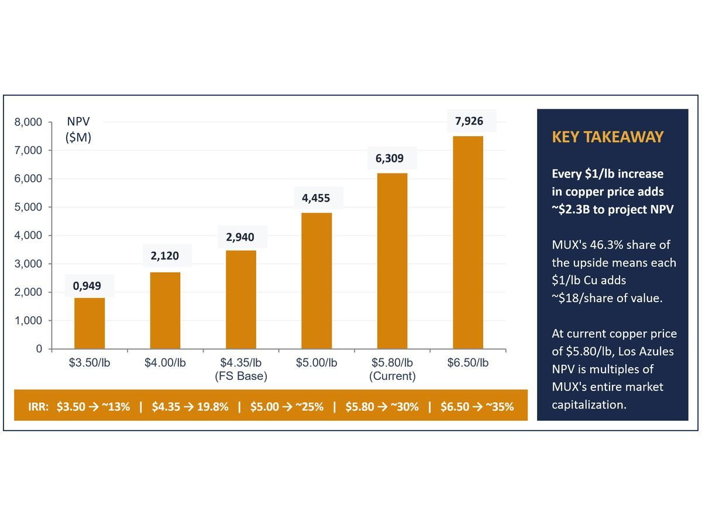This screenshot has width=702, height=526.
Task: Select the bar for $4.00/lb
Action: [165, 310]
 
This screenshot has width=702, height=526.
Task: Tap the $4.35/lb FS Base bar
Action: [241, 299]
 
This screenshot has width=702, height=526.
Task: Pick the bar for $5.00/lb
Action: [316, 281]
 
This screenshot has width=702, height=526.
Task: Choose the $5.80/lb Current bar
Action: [392, 261]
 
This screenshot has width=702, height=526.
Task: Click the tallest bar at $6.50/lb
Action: [468, 242]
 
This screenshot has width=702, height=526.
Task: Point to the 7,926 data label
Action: [469, 122]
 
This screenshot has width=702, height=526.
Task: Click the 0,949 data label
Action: [87, 286]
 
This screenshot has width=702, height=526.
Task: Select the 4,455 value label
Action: [316, 198]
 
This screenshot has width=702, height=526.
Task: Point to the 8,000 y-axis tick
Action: [27, 122]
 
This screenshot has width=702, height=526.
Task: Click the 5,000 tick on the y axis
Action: [27, 207]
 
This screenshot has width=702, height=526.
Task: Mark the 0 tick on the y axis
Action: [39, 349]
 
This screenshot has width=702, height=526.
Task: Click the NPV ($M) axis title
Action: [78, 130]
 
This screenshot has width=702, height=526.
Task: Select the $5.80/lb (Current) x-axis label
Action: [392, 369]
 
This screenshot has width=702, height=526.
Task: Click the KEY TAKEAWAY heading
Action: [607, 137]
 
